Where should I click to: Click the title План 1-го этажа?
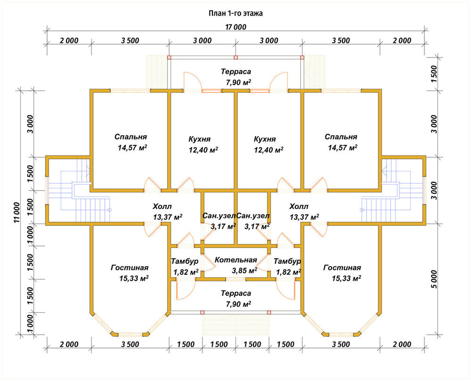(x=235, y=14)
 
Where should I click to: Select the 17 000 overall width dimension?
(x=236, y=27)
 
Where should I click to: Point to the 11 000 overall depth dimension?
(x=16, y=212)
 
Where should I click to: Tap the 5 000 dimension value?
(x=434, y=279)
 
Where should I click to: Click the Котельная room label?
(x=236, y=260)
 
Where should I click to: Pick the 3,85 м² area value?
(x=244, y=270)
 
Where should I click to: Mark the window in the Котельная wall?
(x=236, y=279)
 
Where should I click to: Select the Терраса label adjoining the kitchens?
(x=236, y=72)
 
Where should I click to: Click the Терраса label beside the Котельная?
(x=236, y=293)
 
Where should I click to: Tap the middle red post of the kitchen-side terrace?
(x=235, y=57)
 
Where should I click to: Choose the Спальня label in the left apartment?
(x=130, y=137)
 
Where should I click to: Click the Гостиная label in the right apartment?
(x=342, y=268)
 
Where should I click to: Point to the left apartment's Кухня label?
(x=199, y=139)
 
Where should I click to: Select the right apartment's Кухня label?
(x=265, y=139)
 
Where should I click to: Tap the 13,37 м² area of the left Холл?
(x=168, y=217)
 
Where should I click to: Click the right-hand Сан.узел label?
(x=253, y=216)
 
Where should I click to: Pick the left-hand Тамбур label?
(x=185, y=261)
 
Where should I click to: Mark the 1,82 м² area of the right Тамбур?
(x=288, y=272)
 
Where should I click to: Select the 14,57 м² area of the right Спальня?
(x=342, y=148)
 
